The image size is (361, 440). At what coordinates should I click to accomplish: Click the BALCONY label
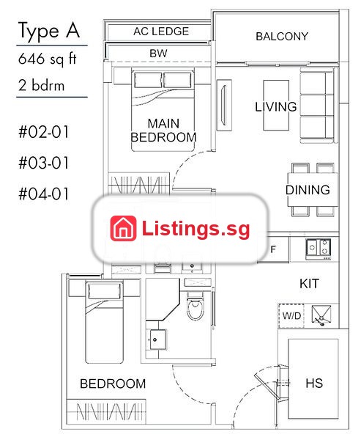click(282, 37)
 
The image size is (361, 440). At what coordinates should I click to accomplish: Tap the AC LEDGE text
click(161, 32)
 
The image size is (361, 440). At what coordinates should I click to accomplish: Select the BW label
click(158, 54)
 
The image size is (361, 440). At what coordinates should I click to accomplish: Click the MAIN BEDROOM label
click(163, 131)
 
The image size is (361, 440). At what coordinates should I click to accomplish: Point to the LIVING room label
click(276, 106)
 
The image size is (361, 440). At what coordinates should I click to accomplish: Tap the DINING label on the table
click(308, 190)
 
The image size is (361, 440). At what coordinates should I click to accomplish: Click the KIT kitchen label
click(309, 284)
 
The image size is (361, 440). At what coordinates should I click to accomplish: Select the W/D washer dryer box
click(291, 315)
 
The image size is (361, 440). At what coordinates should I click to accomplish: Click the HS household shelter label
click(314, 383)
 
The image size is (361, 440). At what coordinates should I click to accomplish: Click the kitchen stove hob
click(318, 249)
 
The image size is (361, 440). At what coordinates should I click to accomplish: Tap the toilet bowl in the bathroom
click(196, 307)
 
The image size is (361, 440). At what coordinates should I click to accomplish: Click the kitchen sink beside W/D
click(321, 314)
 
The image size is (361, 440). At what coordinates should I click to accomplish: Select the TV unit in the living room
click(224, 105)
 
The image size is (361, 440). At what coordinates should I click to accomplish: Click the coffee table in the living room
click(276, 105)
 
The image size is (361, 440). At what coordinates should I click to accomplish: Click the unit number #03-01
click(43, 163)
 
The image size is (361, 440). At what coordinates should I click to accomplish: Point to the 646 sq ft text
click(47, 59)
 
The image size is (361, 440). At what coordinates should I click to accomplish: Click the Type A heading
click(49, 31)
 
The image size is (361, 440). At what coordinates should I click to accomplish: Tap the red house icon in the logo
click(123, 228)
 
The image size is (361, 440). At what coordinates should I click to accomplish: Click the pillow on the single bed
click(105, 290)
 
